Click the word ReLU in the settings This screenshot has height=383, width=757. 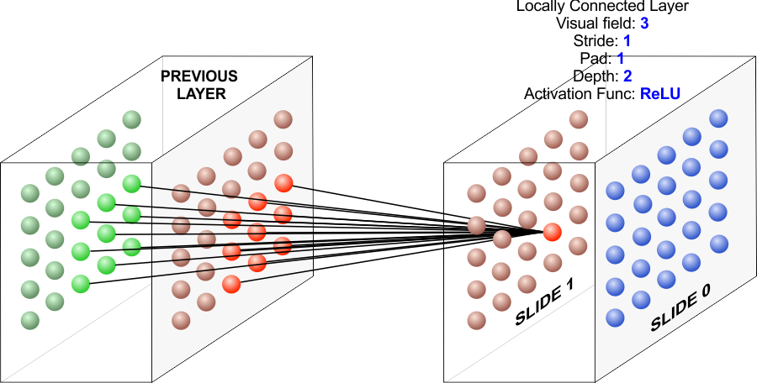click(659, 93)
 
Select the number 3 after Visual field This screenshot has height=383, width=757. click(643, 24)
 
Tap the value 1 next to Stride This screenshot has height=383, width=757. click(627, 41)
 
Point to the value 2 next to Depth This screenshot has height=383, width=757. click(627, 76)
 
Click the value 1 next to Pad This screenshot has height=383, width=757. click(620, 59)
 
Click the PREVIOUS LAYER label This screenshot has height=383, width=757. click(200, 85)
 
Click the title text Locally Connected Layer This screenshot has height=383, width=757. click(602, 7)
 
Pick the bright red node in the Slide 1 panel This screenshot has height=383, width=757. click(552, 231)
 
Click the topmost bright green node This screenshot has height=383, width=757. click(131, 184)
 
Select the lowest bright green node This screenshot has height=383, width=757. click(81, 284)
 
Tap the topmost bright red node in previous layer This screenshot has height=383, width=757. click(283, 182)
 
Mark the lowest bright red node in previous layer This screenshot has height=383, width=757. click(231, 284)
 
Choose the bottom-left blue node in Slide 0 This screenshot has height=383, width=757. click(615, 317)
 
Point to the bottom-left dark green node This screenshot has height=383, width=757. click(30, 320)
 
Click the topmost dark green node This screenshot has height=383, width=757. click(131, 120)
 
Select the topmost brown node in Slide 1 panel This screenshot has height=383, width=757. click(578, 119)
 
